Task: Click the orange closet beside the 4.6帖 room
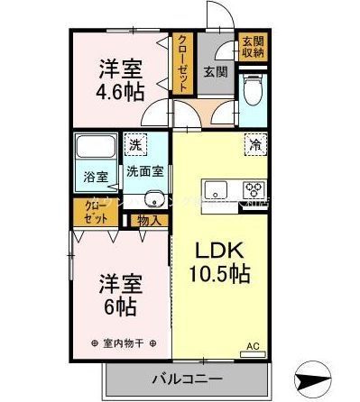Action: point(183,62)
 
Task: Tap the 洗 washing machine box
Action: point(134,145)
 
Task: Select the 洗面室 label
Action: point(144,170)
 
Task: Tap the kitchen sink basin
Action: point(219,190)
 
